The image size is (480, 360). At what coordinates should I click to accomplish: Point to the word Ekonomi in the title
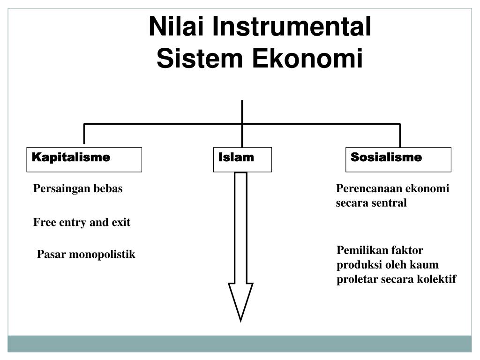tap(308, 59)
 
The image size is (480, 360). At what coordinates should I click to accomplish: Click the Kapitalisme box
tap(84, 159)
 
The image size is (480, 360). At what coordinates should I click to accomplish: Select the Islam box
tap(242, 159)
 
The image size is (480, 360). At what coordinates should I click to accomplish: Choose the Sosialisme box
tap(398, 159)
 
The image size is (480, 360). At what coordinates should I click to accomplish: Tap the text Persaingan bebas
tap(78, 189)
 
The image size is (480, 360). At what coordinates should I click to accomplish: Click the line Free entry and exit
tap(82, 222)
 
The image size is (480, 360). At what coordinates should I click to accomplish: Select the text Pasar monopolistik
tap(86, 255)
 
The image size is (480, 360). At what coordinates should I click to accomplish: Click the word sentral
tap(390, 203)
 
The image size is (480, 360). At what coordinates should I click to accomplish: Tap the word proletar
tap(354, 279)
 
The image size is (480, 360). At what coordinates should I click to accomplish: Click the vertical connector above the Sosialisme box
tap(400, 135)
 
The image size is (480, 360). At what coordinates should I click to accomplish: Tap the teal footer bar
tap(240, 343)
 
